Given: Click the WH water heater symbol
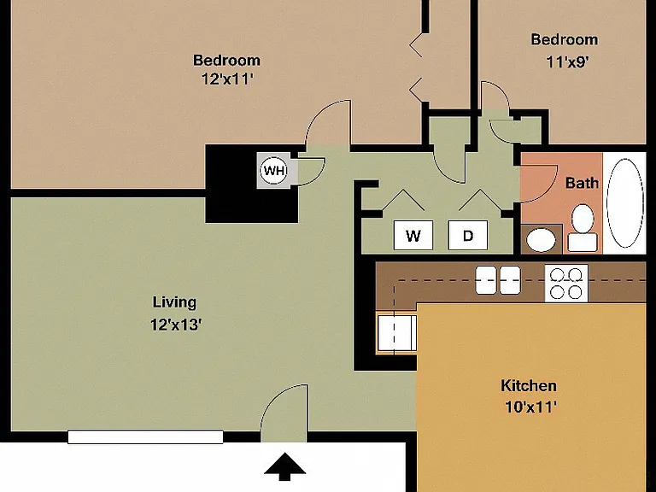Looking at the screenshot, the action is point(274,170).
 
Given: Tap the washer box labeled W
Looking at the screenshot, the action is point(413,236).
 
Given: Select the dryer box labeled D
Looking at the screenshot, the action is point(468,236).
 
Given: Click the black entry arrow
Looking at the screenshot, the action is point(285,466).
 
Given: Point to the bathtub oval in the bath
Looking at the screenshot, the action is point(625,203).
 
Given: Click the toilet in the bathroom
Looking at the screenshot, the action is point(583,228).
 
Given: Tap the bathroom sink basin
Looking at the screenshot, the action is point(541,240).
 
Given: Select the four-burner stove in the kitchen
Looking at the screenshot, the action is point(566,284).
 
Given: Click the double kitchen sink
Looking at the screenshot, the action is point(498,280).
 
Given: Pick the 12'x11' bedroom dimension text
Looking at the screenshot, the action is point(228,79).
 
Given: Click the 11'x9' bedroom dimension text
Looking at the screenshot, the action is point(568,61).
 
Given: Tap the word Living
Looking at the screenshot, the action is point(174,302).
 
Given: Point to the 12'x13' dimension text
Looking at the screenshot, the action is point(176,325).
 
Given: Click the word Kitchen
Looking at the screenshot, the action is point(529,385).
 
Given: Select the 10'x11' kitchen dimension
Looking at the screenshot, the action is point(531,407).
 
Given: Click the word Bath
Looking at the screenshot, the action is point(582,183).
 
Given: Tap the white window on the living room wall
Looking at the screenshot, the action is point(145,436).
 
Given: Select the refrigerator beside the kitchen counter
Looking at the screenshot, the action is point(396,333).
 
